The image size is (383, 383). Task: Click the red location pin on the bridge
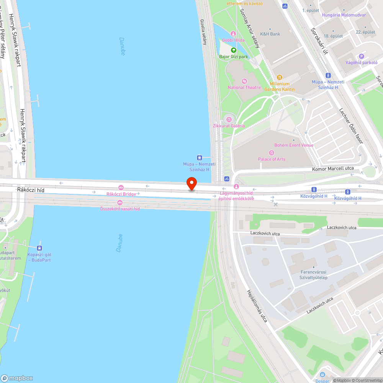pyautogui.click(x=191, y=183)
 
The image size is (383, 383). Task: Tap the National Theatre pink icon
pyautogui.click(x=244, y=81)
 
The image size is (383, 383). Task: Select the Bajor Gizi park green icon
pyautogui.click(x=233, y=50)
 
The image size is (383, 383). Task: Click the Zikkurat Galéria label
pyautogui.click(x=229, y=126)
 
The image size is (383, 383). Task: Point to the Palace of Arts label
pyautogui.click(x=272, y=159)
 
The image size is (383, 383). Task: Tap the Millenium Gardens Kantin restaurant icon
pyautogui.click(x=280, y=77)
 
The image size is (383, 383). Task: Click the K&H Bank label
pyautogui.click(x=270, y=34)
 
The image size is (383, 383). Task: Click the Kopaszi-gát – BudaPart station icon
pyautogui.click(x=39, y=248)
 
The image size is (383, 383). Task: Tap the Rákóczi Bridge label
pyautogui.click(x=121, y=194)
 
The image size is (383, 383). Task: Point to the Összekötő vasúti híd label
pyautogui.click(x=120, y=208)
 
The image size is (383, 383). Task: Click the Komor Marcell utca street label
pyautogui.click(x=332, y=169)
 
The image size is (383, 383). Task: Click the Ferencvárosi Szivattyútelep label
pyautogui.click(x=314, y=275)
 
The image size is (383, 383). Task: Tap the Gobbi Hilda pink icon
pyautogui.click(x=233, y=34)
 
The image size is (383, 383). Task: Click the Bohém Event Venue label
pyautogui.click(x=294, y=145)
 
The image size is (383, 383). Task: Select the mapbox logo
pyautogui.click(x=17, y=378)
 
